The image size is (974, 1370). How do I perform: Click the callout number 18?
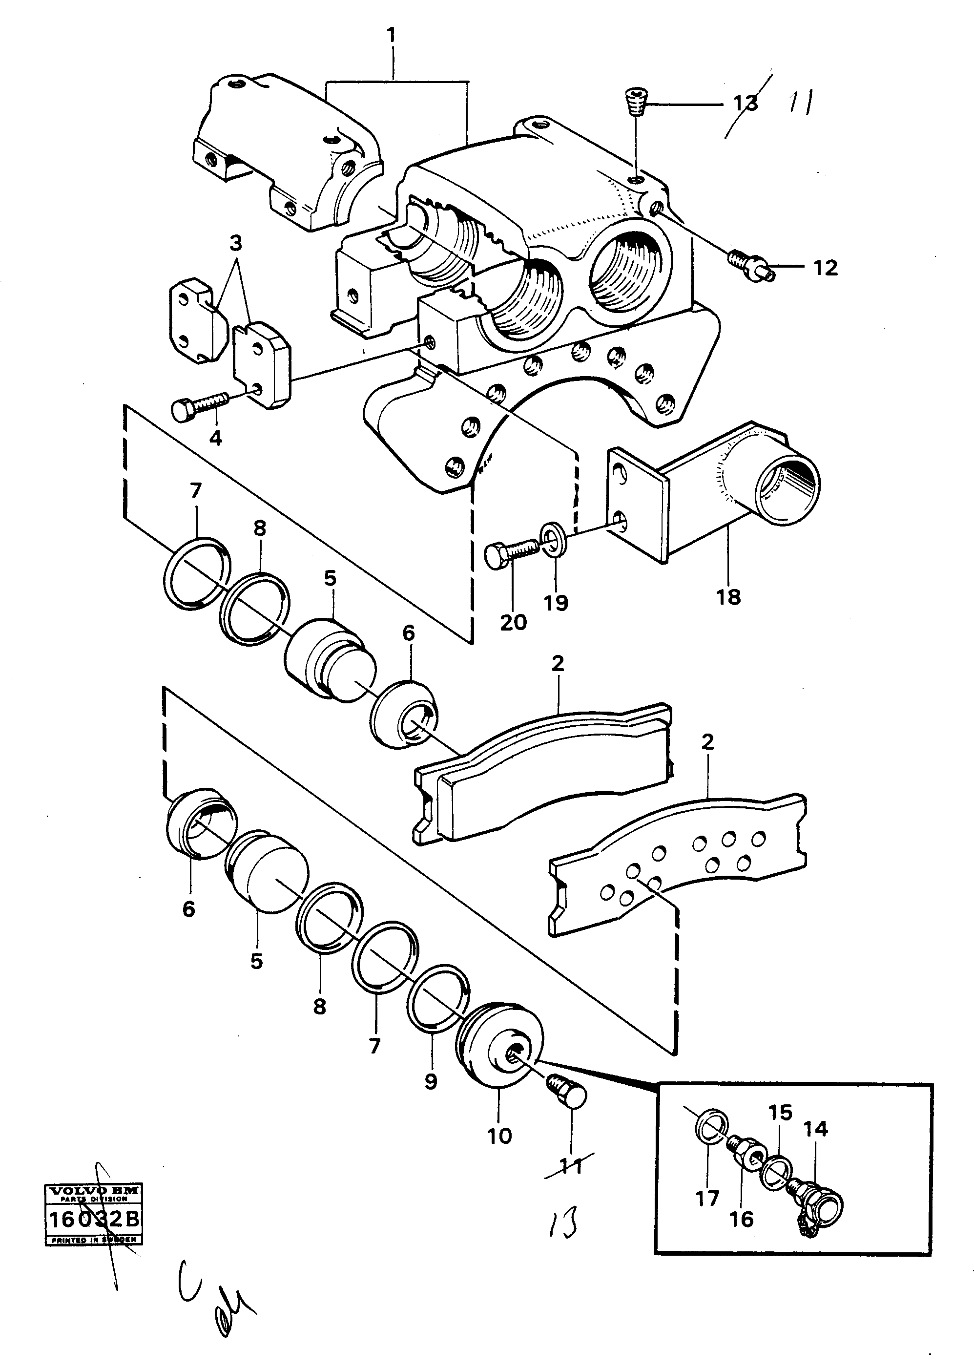[728, 597]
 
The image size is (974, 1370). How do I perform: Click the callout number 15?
[780, 1113]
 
